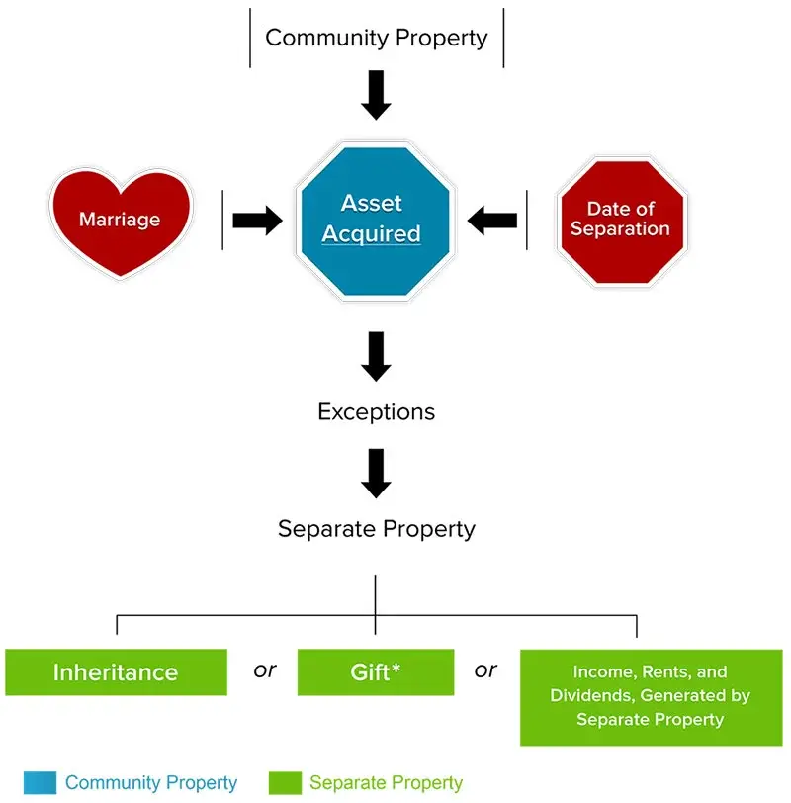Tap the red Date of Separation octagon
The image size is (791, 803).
coord(621,220)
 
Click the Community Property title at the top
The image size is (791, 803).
coord(377,38)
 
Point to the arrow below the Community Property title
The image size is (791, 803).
coord(376,96)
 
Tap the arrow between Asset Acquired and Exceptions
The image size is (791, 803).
coord(376,356)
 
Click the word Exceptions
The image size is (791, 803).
coord(376,411)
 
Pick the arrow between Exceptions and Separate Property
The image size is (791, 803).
coord(376,472)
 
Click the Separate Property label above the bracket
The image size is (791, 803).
coord(376,529)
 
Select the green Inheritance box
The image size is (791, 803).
coord(116,672)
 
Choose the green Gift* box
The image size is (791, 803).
coord(375,672)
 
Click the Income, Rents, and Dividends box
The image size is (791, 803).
coord(650,696)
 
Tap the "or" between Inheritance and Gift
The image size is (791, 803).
coord(264,670)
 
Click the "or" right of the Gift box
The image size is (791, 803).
coord(485,670)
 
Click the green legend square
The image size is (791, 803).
coord(284,783)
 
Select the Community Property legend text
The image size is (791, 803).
coord(150,783)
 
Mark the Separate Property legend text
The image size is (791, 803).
coord(386,783)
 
